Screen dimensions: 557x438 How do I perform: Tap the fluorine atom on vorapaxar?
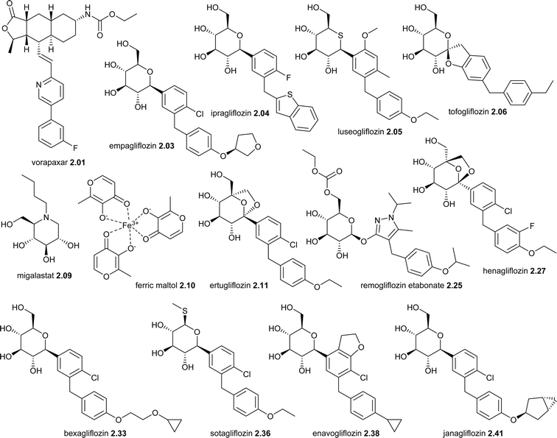tap(76, 147)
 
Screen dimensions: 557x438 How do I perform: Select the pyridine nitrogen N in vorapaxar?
tap(39, 85)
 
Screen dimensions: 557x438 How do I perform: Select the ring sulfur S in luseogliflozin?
tap(340, 35)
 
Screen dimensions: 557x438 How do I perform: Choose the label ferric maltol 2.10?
tap(165, 285)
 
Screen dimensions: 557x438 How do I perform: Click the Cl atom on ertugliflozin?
tap(292, 244)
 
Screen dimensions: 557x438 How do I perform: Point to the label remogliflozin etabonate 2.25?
tap(411, 285)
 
